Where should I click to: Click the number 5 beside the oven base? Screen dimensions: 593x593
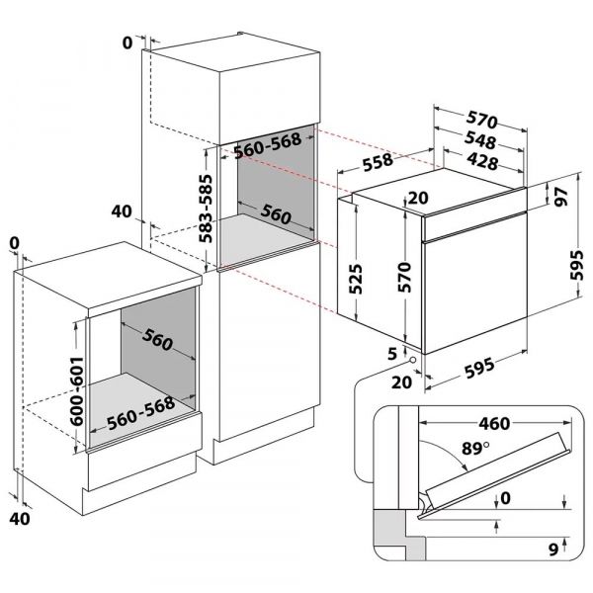[x=392, y=351]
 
